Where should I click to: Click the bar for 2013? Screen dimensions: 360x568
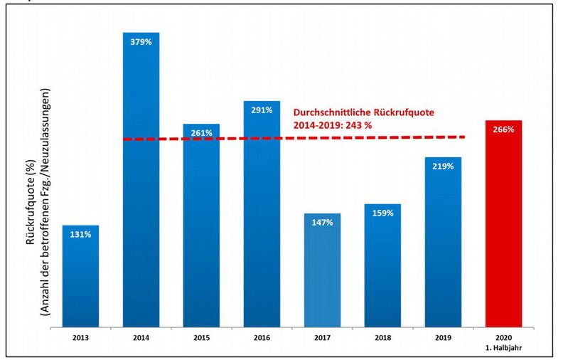coord(80,277)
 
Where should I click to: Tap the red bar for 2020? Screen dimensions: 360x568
coord(503,228)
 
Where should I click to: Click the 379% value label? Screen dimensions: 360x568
coord(140,41)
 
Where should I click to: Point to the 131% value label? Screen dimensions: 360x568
coord(80,234)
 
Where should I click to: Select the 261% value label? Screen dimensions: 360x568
coord(201,133)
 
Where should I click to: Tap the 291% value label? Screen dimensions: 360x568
coord(261,110)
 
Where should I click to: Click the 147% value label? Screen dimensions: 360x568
coord(321,222)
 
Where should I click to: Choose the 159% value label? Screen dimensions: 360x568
coord(382,213)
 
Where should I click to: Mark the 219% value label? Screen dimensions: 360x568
coord(442,166)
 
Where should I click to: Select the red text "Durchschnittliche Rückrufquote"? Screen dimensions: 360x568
coord(363,112)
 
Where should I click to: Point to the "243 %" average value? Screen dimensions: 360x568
coord(359,125)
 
